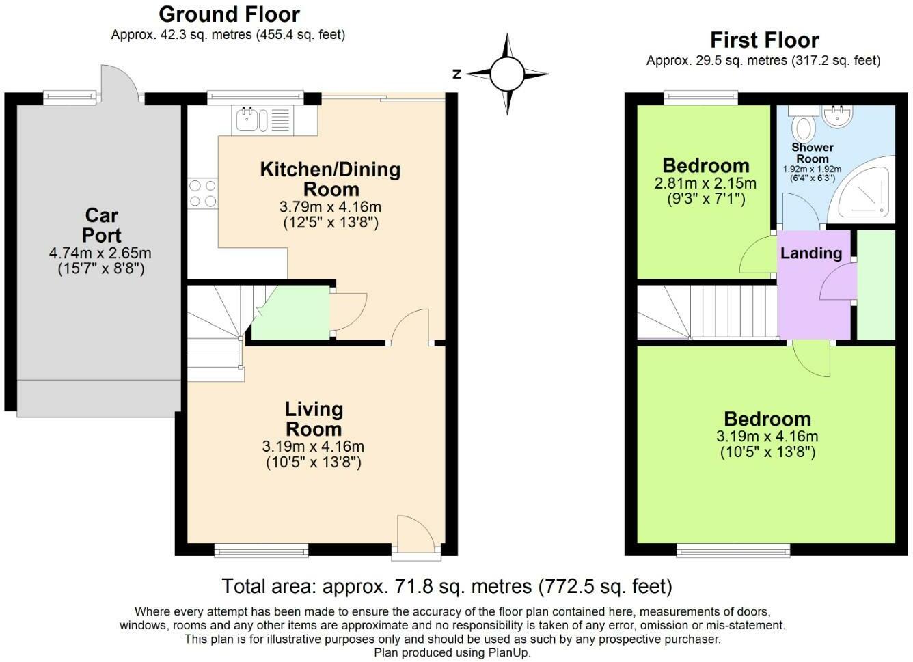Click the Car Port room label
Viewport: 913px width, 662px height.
pyautogui.click(x=102, y=225)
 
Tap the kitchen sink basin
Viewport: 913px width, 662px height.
pyautogui.click(x=247, y=120)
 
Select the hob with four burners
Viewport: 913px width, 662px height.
pyautogui.click(x=202, y=193)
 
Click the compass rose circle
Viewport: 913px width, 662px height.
pyautogui.click(x=506, y=74)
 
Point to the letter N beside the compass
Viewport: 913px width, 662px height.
pyautogui.click(x=457, y=74)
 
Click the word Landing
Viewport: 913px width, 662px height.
pyautogui.click(x=811, y=253)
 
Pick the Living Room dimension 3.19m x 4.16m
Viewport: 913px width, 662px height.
pyautogui.click(x=313, y=447)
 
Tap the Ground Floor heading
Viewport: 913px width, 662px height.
pyautogui.click(x=229, y=14)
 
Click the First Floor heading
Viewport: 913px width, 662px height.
pyautogui.click(x=765, y=40)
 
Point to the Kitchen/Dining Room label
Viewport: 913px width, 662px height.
pyautogui.click(x=331, y=179)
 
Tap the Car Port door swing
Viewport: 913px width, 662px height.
pyautogui.click(x=120, y=83)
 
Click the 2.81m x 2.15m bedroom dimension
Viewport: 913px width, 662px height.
pyautogui.click(x=705, y=183)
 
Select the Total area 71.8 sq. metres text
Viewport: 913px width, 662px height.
pyautogui.click(x=447, y=586)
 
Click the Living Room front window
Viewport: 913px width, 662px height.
pyautogui.click(x=261, y=551)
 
